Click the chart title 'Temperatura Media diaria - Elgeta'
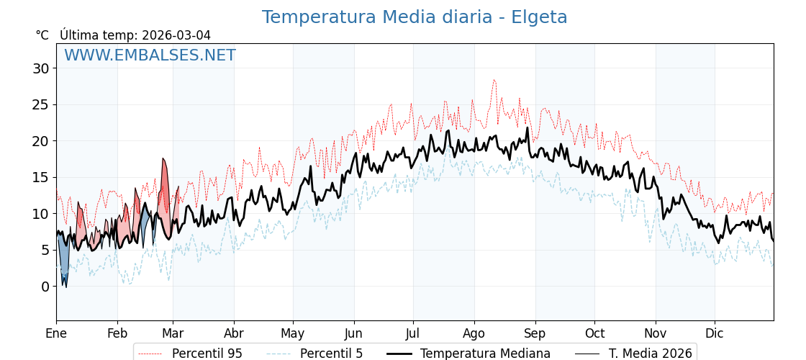pyautogui.click(x=415, y=17)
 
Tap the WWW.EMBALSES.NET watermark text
pyautogui.click(x=150, y=55)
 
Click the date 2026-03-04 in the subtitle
pyautogui.click(x=176, y=35)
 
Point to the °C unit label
pyautogui.click(x=42, y=35)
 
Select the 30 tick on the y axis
pyautogui.click(x=40, y=68)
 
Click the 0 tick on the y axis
pyautogui.click(x=45, y=287)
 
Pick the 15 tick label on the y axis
pyautogui.click(x=40, y=177)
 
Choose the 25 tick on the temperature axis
pyautogui.click(x=40, y=104)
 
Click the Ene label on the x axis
pyautogui.click(x=56, y=333)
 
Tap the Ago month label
pyautogui.click(x=474, y=333)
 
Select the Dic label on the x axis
pyautogui.click(x=715, y=333)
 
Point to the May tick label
pyautogui.click(x=293, y=333)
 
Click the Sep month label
pyautogui.click(x=535, y=333)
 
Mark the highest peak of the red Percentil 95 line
pyautogui.click(x=494, y=80)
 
